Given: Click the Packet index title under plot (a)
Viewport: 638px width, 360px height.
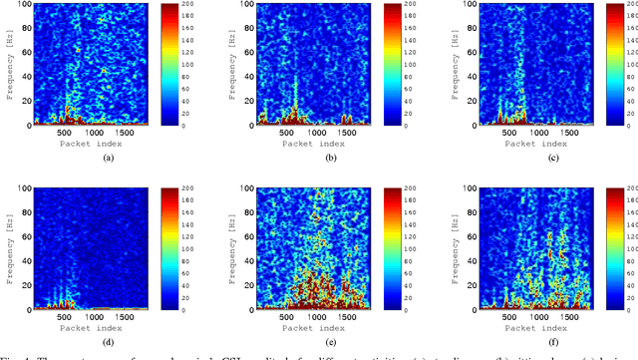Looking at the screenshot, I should [x=97, y=144].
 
